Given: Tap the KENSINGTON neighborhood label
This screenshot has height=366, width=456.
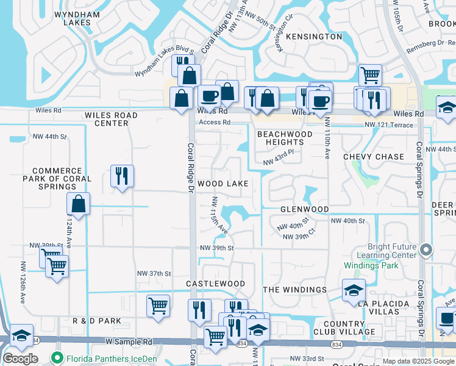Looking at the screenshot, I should point(313,37).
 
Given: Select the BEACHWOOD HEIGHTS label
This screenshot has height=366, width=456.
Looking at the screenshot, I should point(285,138).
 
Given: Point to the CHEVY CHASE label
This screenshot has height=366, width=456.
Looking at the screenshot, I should point(374,157).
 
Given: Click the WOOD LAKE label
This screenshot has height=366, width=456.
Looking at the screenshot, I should point(223,184).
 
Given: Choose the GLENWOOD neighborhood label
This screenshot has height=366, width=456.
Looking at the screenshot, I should point(304,209).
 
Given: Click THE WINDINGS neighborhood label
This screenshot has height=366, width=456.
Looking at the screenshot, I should point(294,290).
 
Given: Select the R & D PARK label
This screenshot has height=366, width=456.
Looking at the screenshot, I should point(97,321).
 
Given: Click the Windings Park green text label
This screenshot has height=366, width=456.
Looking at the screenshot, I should point(371,265).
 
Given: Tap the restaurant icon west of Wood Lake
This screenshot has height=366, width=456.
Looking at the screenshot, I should point(122,176).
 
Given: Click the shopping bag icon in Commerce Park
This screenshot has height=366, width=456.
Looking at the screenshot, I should point(79,204).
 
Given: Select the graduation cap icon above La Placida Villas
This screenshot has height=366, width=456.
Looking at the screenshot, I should point(354,290).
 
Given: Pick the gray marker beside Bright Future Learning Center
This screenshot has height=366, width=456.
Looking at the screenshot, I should point(426,249).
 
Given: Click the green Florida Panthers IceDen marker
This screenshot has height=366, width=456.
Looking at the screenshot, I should point(58,358).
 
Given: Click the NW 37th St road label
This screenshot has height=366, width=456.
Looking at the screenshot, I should point(154,273).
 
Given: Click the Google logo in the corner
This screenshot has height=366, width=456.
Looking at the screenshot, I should point(20,359).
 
